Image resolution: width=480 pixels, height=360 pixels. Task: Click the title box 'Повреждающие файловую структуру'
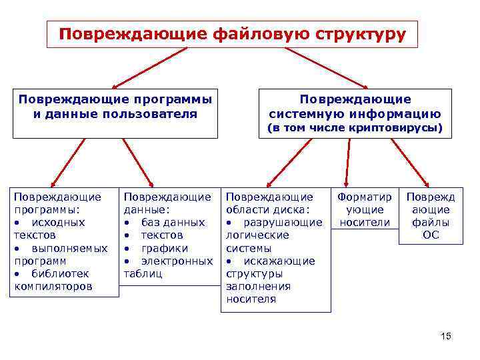click(231, 33)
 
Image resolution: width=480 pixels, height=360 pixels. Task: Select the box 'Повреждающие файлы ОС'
click(431, 216)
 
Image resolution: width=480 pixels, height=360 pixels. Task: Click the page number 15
click(446, 337)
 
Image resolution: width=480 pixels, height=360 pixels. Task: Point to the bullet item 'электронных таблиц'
click(167, 267)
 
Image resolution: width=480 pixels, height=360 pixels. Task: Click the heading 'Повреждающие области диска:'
click(269, 203)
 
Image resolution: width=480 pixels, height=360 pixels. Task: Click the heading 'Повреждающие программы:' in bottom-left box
click(57, 203)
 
